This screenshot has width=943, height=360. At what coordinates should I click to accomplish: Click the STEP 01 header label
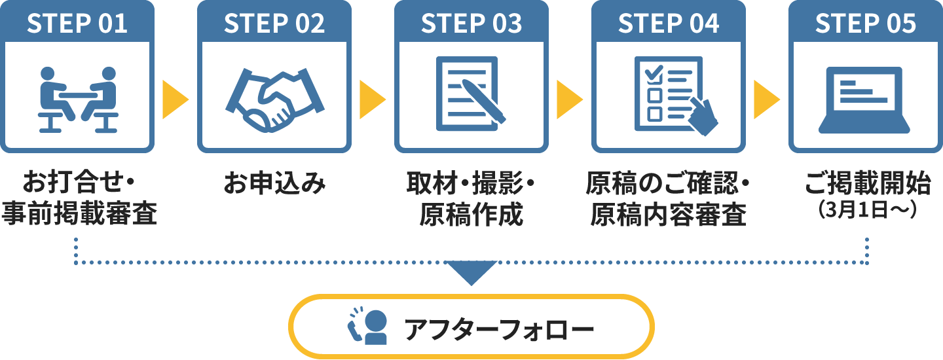point(77,24)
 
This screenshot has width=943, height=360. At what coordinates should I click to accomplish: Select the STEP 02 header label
point(274,24)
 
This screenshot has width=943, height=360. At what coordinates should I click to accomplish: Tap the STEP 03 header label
point(471,24)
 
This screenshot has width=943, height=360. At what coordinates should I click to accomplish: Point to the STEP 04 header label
point(669,24)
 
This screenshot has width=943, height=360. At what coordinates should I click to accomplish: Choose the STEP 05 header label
point(866,24)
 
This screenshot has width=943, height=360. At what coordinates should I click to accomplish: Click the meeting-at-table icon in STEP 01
point(77,98)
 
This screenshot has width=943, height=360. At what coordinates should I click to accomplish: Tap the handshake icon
point(274,98)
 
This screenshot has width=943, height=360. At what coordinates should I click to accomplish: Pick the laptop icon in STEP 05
point(866,98)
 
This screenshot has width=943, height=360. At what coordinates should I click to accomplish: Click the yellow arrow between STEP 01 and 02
point(175,99)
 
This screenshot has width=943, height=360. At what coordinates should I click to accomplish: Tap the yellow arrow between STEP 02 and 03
point(372,99)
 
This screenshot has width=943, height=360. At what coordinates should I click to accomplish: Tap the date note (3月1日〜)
point(866,211)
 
